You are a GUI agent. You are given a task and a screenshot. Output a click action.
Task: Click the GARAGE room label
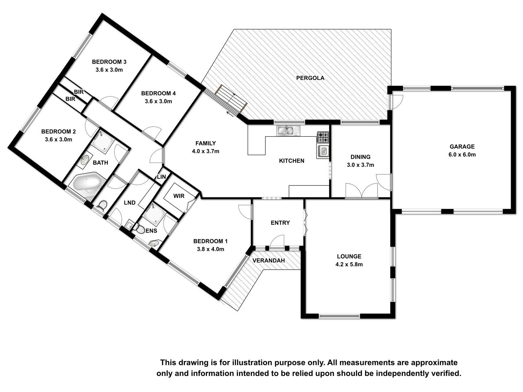[x=462, y=147]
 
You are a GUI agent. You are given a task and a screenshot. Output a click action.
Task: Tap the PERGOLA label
[x=310, y=78]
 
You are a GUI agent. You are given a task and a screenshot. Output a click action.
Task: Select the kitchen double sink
[x=288, y=131]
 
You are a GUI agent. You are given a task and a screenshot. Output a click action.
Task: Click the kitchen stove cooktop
[x=323, y=137]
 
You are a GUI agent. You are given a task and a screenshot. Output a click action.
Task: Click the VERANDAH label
[x=269, y=261]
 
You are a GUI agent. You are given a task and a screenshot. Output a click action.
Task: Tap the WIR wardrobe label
[x=179, y=196]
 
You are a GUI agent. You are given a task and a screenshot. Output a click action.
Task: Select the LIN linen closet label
[x=161, y=177]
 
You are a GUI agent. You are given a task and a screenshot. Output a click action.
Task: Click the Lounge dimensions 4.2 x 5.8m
[x=349, y=264]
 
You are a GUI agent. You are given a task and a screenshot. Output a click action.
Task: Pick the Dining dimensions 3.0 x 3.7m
[x=360, y=165]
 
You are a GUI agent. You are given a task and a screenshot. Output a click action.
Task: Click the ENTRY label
[x=280, y=223]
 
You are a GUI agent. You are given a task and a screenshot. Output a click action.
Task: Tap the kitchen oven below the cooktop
[x=323, y=151]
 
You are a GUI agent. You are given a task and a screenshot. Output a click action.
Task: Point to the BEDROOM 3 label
[x=109, y=62]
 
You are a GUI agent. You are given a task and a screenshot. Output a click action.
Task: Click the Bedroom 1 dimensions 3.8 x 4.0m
[x=211, y=249]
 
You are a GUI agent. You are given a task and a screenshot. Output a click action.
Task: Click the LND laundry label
[x=130, y=203]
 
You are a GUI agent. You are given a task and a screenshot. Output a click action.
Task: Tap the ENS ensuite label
[x=151, y=231]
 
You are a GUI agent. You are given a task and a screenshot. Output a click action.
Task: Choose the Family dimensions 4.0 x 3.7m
[x=206, y=151]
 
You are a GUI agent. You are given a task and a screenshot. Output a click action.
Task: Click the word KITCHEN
[x=292, y=161]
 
